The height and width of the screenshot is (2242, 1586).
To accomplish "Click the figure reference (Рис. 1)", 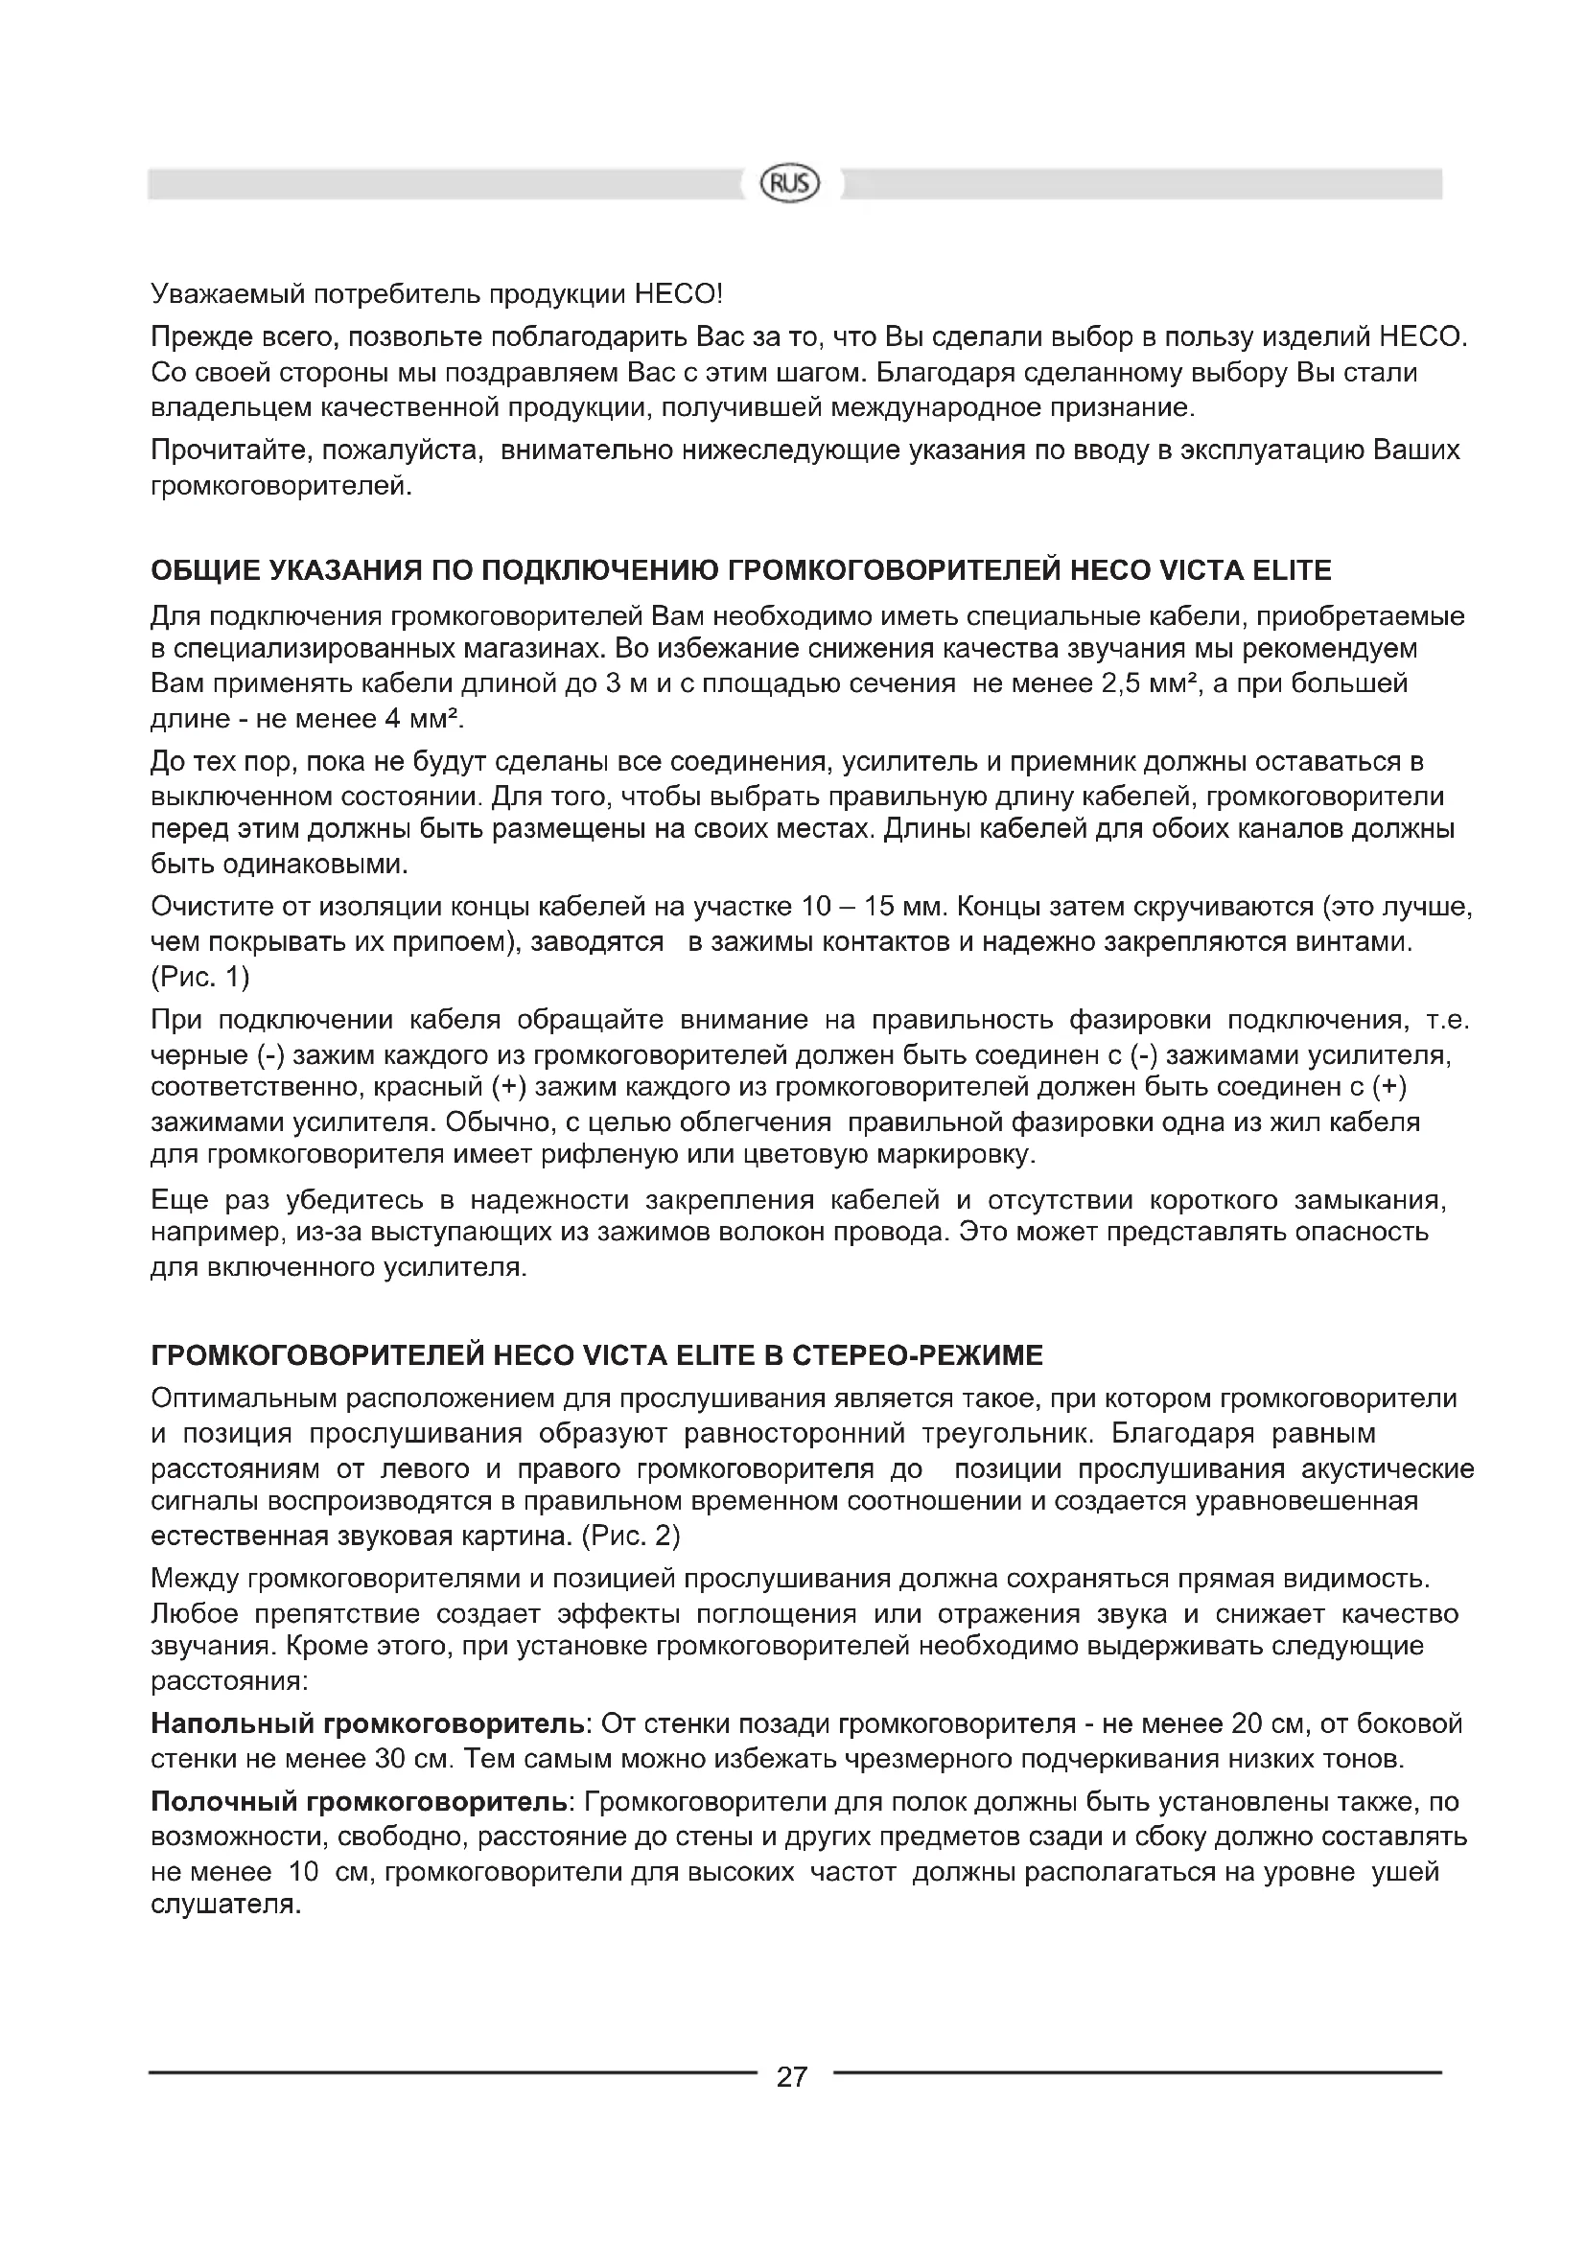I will [x=200, y=977].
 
